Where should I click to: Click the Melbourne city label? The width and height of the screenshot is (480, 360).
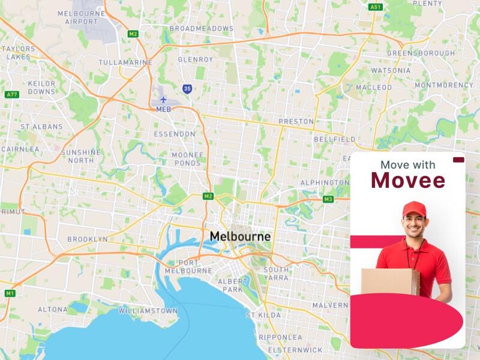[x=240, y=237]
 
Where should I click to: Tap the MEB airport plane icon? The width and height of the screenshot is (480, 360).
[x=163, y=100]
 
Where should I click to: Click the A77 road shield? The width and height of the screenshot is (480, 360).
[x=11, y=95]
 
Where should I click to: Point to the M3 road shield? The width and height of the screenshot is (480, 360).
[x=328, y=199]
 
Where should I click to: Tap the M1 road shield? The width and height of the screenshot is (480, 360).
[x=10, y=293]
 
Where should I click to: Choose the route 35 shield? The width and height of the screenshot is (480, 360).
[x=188, y=89]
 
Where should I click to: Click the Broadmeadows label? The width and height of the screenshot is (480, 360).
[x=201, y=28]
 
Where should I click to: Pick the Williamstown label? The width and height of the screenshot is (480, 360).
[x=148, y=311]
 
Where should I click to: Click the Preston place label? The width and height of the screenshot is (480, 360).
[x=296, y=121]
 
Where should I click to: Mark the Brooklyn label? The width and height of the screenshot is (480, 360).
[x=88, y=239]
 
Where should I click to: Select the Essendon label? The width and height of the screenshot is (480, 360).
[x=175, y=134]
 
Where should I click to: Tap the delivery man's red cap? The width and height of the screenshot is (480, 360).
[x=414, y=208]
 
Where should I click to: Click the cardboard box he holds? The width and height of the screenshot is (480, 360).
[x=390, y=282]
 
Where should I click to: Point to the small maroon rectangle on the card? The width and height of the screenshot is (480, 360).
[x=459, y=160]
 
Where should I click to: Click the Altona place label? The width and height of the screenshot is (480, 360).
[x=53, y=310]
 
